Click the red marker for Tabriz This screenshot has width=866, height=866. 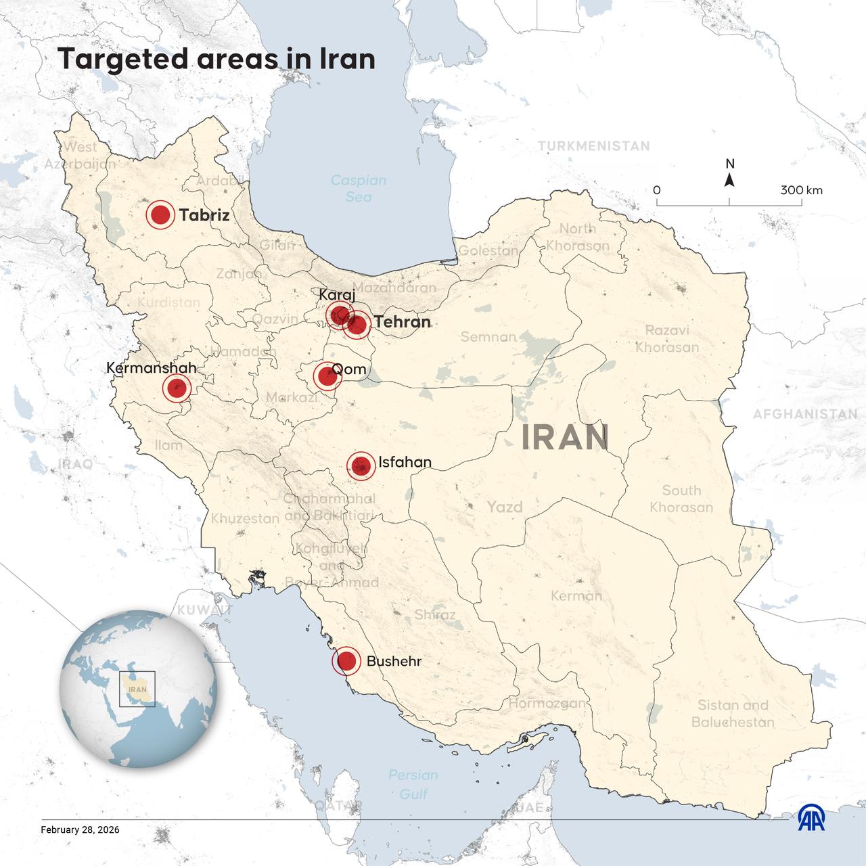click(160, 215)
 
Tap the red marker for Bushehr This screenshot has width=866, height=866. click(346, 661)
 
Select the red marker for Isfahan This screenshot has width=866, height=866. click(361, 465)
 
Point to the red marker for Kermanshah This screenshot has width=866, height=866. click(177, 388)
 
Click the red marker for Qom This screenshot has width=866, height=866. click(327, 376)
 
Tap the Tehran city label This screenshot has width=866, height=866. click(402, 322)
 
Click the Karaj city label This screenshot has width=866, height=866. click(336, 295)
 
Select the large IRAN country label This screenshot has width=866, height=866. click(565, 438)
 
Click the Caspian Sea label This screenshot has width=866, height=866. click(358, 189)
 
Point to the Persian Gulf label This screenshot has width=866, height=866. click(413, 784)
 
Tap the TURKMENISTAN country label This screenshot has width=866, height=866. click(593, 146)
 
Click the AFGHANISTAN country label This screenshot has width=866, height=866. click(805, 414)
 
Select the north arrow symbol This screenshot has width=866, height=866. click(729, 179)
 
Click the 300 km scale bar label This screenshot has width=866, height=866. click(801, 190)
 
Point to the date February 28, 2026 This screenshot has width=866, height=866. click(80, 829)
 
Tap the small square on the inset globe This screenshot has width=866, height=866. click(137, 689)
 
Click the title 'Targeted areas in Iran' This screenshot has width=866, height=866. click(216, 59)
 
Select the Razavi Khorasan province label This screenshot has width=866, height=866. click(666, 339)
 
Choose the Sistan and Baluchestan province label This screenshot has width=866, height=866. click(732, 714)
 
